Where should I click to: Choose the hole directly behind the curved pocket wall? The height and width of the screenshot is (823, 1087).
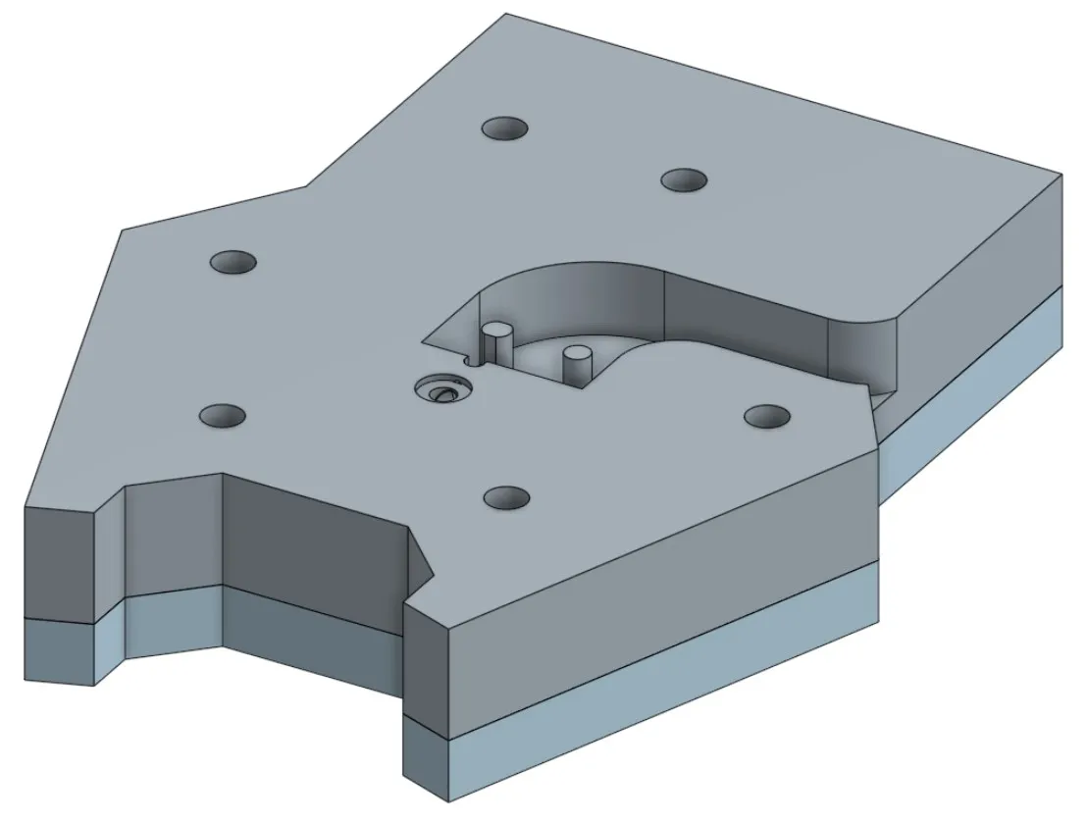coord(684,180)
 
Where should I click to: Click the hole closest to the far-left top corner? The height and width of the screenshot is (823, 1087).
coord(233,262)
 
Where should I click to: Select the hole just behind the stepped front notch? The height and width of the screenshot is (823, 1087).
coord(223,416)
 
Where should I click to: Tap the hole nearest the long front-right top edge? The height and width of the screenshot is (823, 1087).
coord(508,497)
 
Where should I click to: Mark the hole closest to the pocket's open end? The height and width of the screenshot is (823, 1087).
coord(767,416)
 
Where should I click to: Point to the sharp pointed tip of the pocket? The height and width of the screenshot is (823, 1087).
coord(424,342)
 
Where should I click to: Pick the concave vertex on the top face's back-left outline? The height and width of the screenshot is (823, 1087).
coord(307,185)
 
